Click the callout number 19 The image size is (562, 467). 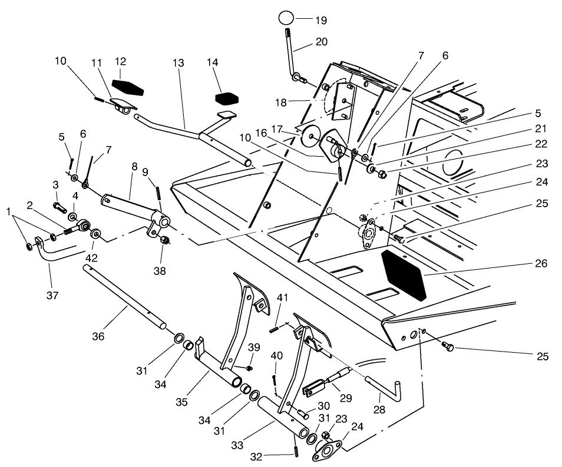[320, 19]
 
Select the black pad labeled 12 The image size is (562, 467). [127, 87]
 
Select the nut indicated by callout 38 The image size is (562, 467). [166, 240]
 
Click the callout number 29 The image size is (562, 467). [345, 399]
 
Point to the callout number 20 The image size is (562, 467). [322, 42]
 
